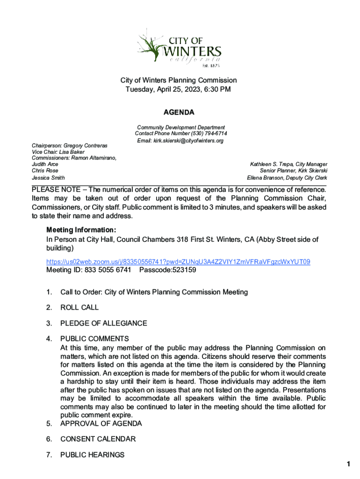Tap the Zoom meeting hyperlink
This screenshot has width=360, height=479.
coord(178,261)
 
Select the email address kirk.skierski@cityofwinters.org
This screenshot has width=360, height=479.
coord(180,141)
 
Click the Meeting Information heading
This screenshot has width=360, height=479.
coord(81,230)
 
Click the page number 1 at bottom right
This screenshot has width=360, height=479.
coord(348,464)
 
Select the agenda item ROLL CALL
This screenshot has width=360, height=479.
coord(79,308)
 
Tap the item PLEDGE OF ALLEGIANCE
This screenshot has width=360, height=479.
coord(103,323)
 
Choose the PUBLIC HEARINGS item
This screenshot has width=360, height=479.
coord(92,455)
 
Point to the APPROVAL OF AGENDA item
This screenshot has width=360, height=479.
coord(101,423)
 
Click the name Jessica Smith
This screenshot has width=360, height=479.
coord(48,178)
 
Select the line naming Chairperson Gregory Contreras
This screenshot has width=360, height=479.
coord(70,146)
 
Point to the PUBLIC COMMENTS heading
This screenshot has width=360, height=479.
coord(94,339)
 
